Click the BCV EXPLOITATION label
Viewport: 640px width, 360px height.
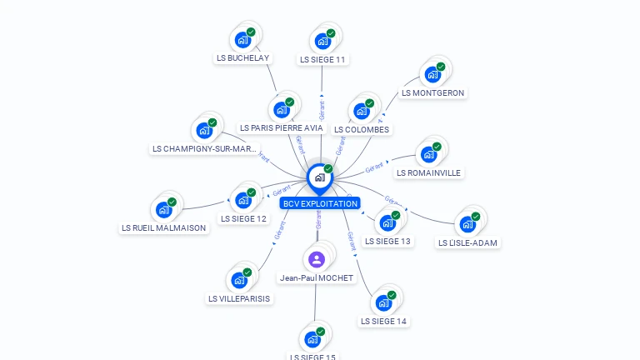pos(320,203)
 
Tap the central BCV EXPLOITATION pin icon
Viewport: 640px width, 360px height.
pos(319,177)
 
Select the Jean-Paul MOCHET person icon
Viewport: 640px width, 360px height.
pos(316,259)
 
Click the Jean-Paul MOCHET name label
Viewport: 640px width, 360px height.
pos(317,277)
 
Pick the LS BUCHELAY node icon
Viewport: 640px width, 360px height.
pos(242,40)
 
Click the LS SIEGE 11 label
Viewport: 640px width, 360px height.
pos(322,60)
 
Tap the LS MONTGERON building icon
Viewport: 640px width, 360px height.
pos(432,74)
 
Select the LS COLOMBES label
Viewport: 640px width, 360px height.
pos(362,129)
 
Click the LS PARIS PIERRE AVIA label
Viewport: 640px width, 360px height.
pos(281,127)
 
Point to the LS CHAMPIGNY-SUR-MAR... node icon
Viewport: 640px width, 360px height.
pos(204,130)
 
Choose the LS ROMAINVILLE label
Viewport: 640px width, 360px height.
pos(428,172)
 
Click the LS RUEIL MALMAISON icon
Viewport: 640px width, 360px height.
pos(163,209)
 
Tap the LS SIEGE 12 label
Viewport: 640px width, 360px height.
pos(243,218)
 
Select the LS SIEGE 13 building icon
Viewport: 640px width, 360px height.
pos(387,222)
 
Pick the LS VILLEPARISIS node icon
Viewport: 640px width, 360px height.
pos(239,280)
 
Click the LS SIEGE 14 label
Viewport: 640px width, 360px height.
pos(384,321)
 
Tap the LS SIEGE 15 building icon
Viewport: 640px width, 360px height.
pos(312,339)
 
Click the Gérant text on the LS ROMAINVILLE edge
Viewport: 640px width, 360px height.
pos(374,167)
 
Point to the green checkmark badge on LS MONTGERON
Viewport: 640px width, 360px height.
pos(441,67)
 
